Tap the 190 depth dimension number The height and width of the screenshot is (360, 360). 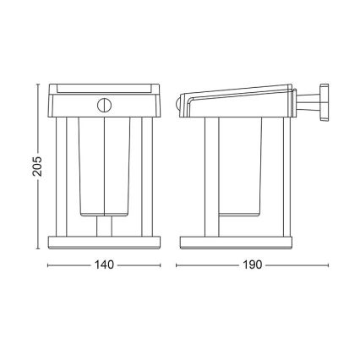[x=251, y=265]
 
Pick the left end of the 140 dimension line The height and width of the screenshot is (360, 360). [x=47, y=265]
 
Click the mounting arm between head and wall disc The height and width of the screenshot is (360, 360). [x=309, y=102]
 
